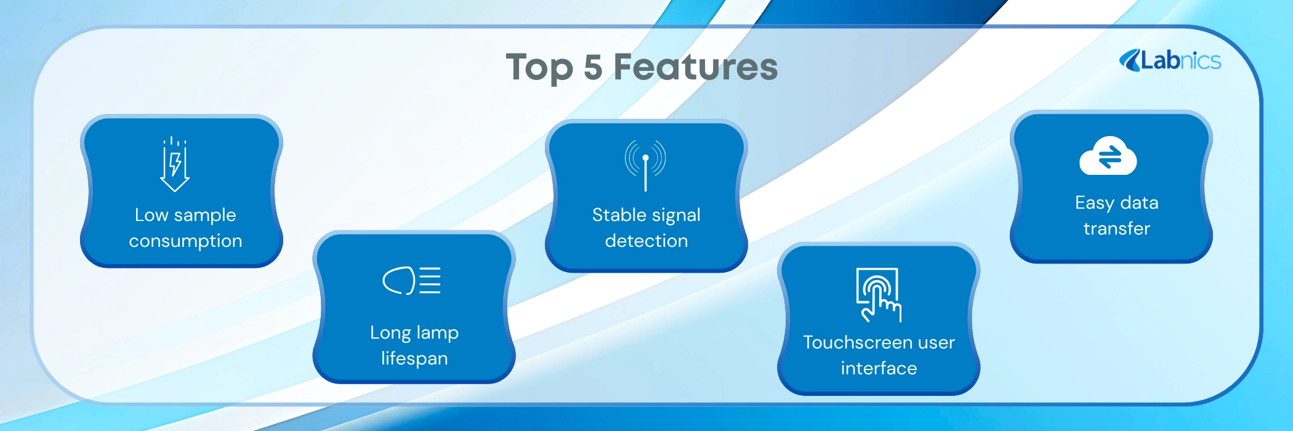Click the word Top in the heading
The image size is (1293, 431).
539,68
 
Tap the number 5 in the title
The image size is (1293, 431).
593,67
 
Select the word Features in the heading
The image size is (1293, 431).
696,66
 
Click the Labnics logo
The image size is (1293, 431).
1170,60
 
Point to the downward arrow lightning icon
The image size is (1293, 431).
175,164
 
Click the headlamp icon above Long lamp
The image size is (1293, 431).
411,281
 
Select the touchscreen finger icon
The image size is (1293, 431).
879,295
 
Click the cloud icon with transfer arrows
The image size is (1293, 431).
1108,156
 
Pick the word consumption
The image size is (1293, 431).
185,241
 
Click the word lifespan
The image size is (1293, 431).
414,358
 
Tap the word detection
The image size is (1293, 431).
647,241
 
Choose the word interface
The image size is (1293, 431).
879,368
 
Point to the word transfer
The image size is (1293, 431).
1117,228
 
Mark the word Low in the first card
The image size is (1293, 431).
151,215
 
